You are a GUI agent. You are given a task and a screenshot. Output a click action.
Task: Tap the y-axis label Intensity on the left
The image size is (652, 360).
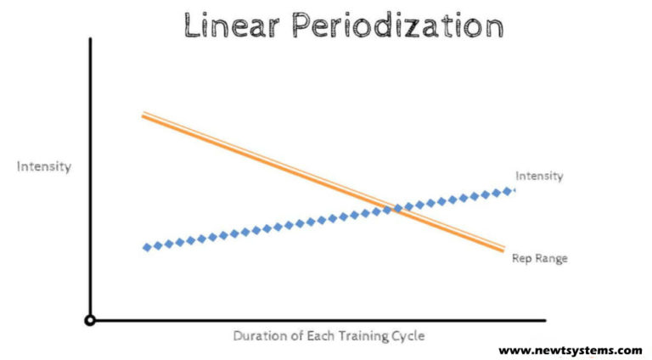point(44,166)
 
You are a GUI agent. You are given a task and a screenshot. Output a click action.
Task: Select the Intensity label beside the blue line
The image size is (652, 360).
point(539,176)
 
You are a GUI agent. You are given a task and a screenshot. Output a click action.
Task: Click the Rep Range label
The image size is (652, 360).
point(539,257)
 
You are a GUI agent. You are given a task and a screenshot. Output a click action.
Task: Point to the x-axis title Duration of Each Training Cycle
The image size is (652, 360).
point(329,335)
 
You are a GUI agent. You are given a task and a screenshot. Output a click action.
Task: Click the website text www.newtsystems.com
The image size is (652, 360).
point(570,350)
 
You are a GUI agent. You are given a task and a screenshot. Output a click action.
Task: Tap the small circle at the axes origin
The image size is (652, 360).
point(90,320)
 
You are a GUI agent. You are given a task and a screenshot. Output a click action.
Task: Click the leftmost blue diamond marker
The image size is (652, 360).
point(147,247)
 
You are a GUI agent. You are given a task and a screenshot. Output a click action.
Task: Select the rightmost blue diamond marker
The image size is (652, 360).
point(509,190)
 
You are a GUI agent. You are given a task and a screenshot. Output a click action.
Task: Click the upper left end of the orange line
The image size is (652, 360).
point(143,114)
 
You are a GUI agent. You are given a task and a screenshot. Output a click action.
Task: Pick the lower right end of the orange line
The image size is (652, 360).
point(504,248)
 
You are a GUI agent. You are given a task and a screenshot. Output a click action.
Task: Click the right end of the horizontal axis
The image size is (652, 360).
point(544,320)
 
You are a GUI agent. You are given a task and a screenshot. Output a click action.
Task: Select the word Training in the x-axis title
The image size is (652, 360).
point(362,335)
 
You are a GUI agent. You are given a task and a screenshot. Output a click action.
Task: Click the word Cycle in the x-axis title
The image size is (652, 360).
point(407,335)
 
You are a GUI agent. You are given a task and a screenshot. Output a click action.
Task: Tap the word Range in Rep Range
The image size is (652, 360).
point(550,257)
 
